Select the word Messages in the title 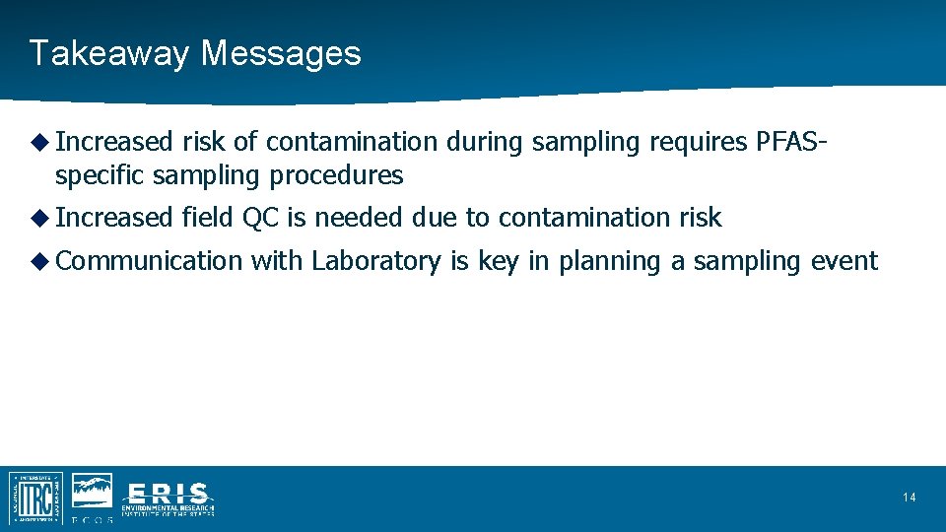pyautogui.click(x=281, y=53)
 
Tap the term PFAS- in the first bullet pyautogui.click(x=791, y=143)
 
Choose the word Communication pyautogui.click(x=149, y=261)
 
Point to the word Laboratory pyautogui.click(x=376, y=261)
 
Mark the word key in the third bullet pyautogui.click(x=499, y=261)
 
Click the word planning pyautogui.click(x=598, y=261)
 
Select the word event pyautogui.click(x=844, y=261)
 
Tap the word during pyautogui.click(x=485, y=143)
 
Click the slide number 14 pyautogui.click(x=909, y=498)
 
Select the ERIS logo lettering pyautogui.click(x=168, y=493)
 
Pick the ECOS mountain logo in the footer pyautogui.click(x=92, y=493)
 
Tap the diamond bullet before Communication pyautogui.click(x=39, y=261)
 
